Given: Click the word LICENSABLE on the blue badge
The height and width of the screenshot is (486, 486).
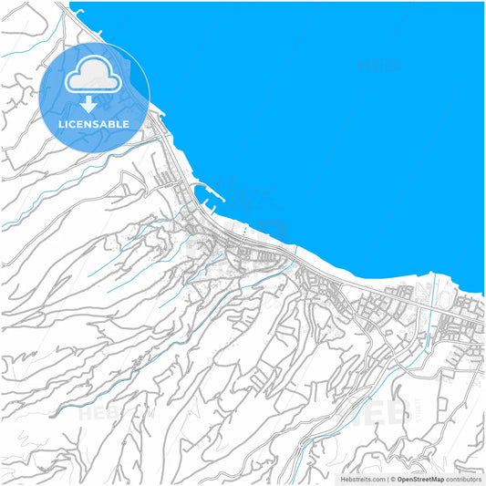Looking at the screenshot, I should tap(95, 124).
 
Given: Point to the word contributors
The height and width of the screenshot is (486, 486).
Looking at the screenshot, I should tap(463, 479).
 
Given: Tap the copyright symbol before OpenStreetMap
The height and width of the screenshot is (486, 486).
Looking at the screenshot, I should tap(392, 479).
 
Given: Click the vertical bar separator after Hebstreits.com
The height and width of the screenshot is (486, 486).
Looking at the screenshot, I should tap(386, 479).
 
